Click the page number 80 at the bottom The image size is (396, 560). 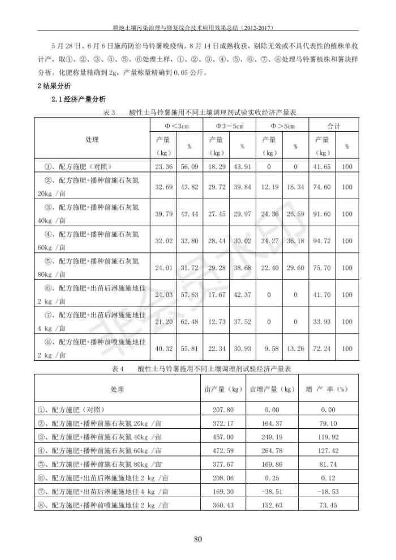pos(197,539)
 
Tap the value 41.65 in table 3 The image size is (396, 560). pos(322,167)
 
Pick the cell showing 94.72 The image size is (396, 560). pos(322,240)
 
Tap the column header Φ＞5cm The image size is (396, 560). pos(282,125)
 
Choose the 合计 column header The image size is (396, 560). pos(334,125)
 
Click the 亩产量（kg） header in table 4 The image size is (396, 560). pos(222,389)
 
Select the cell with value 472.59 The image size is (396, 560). pos(222,451)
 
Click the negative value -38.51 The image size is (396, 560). pos(272,492)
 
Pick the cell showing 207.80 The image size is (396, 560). pos(222,410)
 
